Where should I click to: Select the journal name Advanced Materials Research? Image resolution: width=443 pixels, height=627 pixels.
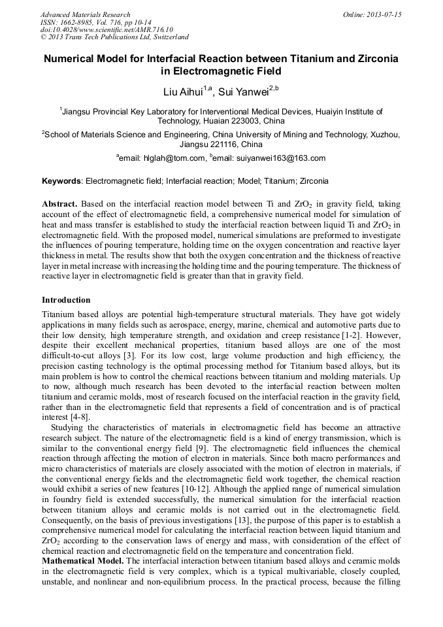[x=85, y=14]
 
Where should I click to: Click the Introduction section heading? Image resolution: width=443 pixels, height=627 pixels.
[x=66, y=300]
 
